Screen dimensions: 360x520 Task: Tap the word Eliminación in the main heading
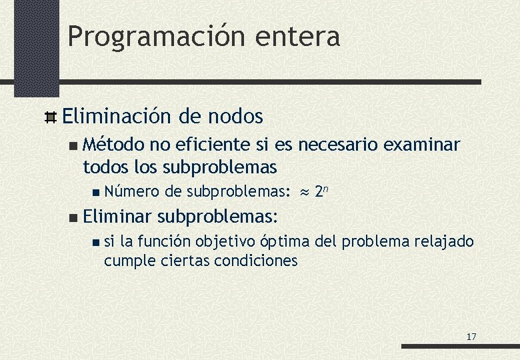(x=116, y=117)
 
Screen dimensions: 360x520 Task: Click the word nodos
(x=235, y=117)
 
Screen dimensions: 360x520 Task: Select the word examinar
(x=422, y=144)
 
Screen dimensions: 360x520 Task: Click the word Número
(x=131, y=192)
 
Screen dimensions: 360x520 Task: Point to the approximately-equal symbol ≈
(x=304, y=192)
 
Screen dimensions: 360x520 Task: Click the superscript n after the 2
(x=327, y=189)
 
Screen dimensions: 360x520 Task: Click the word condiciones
(x=255, y=260)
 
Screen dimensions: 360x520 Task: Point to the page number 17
(x=471, y=337)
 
